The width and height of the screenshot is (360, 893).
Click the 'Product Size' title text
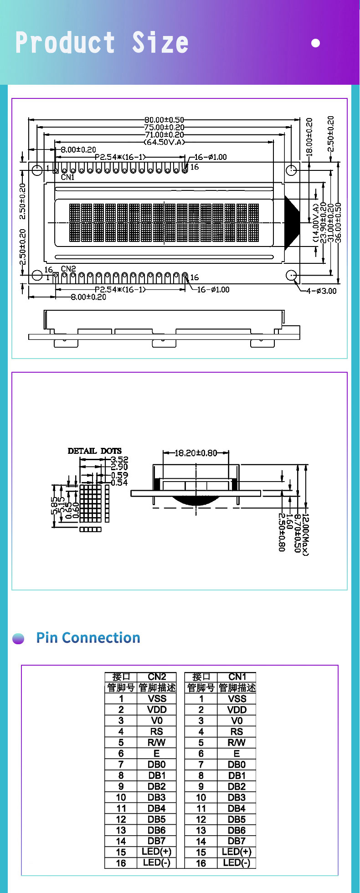102,43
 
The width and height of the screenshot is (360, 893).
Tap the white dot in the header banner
315,43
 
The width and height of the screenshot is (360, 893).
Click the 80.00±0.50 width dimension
165,120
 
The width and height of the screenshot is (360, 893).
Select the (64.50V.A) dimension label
165,142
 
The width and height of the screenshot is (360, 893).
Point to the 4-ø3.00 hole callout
321,291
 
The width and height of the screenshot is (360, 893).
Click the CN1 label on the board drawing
67,177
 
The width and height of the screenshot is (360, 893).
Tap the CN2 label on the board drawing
68,269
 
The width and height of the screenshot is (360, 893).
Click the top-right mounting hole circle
291,170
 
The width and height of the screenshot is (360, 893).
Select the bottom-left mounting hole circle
37,275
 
